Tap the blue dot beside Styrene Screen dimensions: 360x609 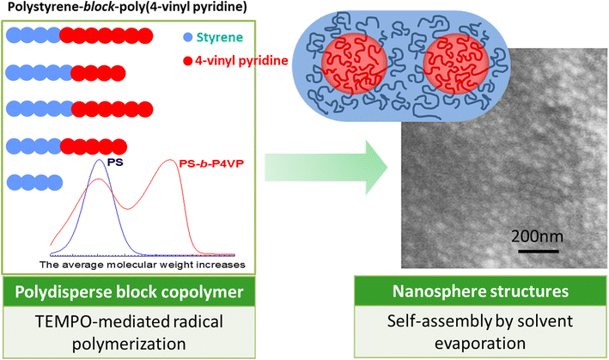pos(188,39)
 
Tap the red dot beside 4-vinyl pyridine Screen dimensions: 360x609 pos(188,62)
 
